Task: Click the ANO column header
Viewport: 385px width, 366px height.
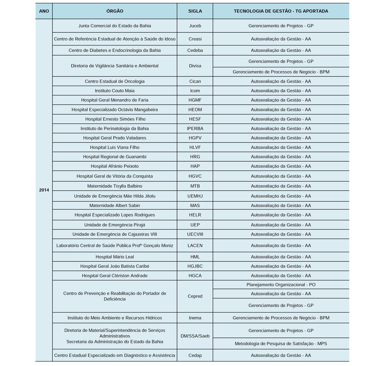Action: [44, 11]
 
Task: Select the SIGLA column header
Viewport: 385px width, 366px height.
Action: [195, 11]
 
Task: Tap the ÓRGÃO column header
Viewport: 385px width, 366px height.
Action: [115, 11]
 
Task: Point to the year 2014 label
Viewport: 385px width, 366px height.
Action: [44, 190]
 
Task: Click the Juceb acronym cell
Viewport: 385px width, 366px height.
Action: [195, 26]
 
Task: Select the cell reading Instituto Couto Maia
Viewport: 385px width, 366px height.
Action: [115, 91]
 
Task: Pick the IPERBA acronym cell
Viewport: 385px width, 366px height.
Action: [195, 128]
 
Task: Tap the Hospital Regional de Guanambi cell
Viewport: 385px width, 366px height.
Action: [115, 157]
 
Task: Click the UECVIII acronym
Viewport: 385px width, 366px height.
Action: [195, 234]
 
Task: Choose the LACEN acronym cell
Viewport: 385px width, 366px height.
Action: [195, 246]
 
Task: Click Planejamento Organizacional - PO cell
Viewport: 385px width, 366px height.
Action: [281, 285]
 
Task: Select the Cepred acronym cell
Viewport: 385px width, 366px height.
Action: [195, 296]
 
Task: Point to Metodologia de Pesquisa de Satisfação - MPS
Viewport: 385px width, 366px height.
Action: [281, 344]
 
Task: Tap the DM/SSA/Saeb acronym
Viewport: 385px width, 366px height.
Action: [195, 336]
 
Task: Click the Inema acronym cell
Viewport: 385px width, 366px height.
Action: [195, 318]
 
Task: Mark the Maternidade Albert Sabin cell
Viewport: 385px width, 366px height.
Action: [115, 205]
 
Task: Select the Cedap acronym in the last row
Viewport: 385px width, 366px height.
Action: [195, 355]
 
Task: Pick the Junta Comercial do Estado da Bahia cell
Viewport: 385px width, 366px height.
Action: [115, 26]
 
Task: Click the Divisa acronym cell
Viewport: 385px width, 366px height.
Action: [195, 66]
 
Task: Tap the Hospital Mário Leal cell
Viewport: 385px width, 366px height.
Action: [115, 257]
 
